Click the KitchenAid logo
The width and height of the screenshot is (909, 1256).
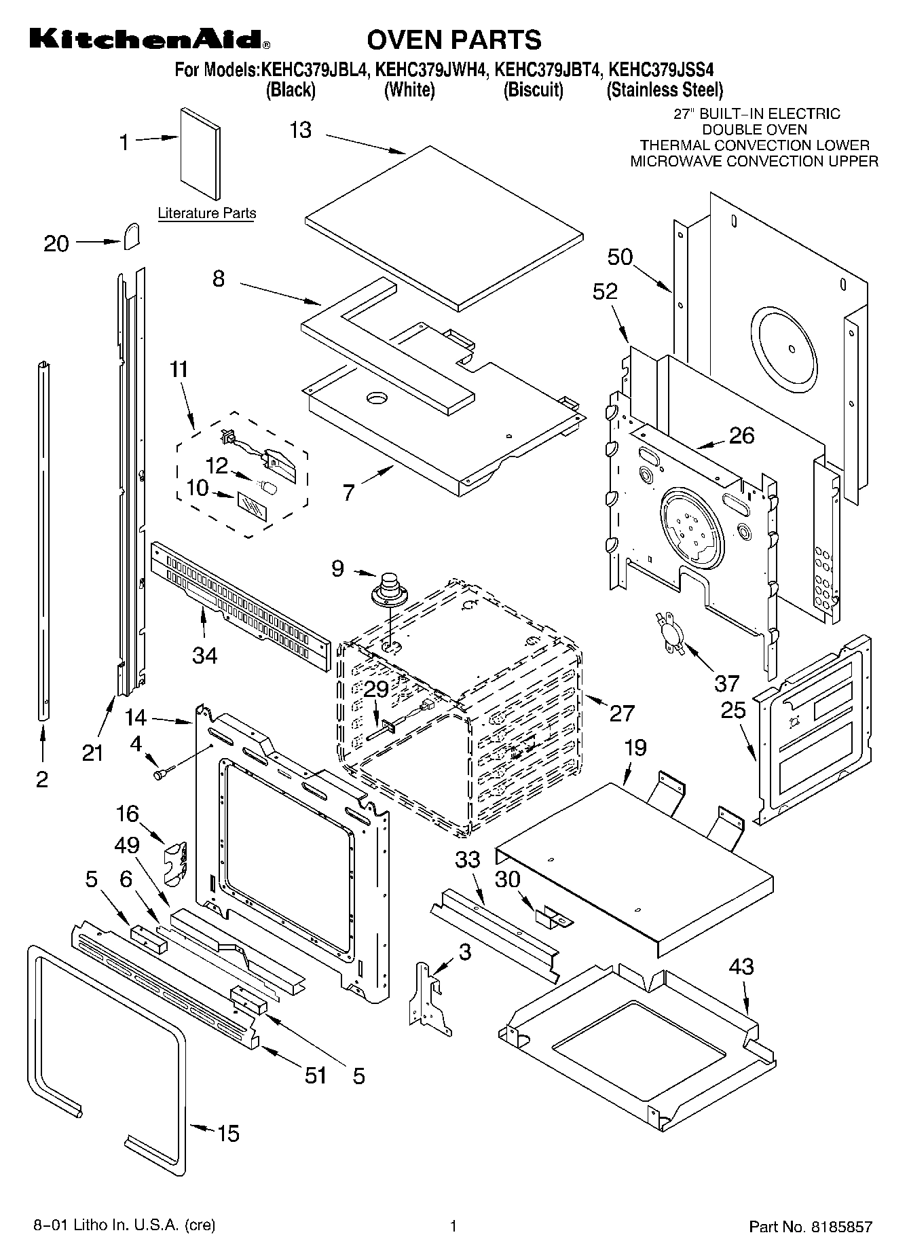[x=149, y=39]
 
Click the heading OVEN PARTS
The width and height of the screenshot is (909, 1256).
[x=454, y=39]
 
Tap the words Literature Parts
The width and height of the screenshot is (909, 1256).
[x=207, y=213]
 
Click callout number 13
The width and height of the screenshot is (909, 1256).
[x=300, y=129]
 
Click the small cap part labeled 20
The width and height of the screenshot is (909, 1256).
[x=132, y=236]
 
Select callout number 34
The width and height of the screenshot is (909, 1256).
[x=204, y=655]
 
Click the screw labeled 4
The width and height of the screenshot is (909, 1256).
[x=164, y=772]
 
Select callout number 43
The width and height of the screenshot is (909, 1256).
[x=741, y=965]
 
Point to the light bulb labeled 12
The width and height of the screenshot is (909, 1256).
[x=270, y=487]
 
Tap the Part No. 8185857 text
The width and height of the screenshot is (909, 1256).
[x=810, y=1227]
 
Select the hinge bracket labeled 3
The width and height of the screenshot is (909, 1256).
[x=430, y=997]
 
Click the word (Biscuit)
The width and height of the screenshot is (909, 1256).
[x=533, y=90]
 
